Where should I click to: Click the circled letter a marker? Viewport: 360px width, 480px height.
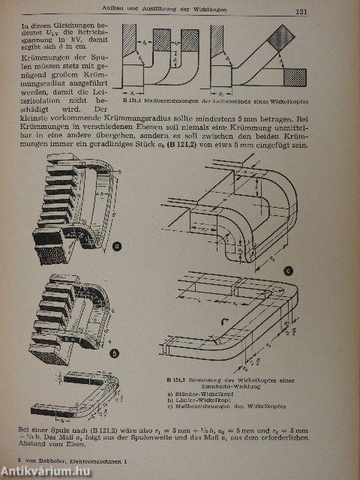[116, 244]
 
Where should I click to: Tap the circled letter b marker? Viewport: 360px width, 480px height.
[114, 351]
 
